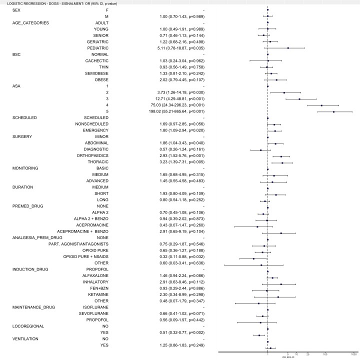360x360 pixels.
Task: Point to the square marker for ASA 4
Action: pos(321,105)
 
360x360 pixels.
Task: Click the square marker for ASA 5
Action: pos(333,111)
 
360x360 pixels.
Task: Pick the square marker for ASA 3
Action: pos(299,99)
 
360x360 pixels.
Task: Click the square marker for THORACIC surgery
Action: pos(282,162)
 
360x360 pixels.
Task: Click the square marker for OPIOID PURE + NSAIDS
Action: pos(253,257)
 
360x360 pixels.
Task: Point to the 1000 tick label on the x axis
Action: pos(353,353)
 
